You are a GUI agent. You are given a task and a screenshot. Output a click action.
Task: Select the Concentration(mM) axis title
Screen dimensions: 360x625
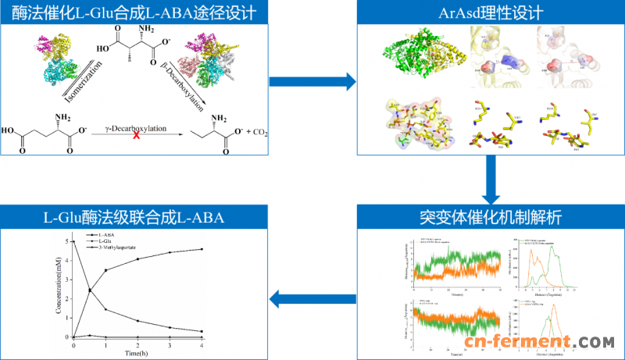coord(59,288)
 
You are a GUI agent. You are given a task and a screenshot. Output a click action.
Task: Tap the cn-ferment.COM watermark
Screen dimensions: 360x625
coord(540,343)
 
